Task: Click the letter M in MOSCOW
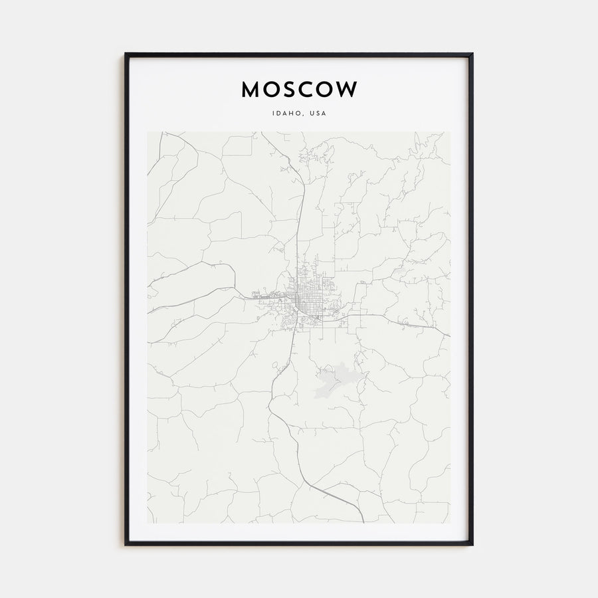(251, 89)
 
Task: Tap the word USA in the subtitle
(318, 114)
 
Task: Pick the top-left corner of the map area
(148, 132)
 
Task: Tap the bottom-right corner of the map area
(450, 523)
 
